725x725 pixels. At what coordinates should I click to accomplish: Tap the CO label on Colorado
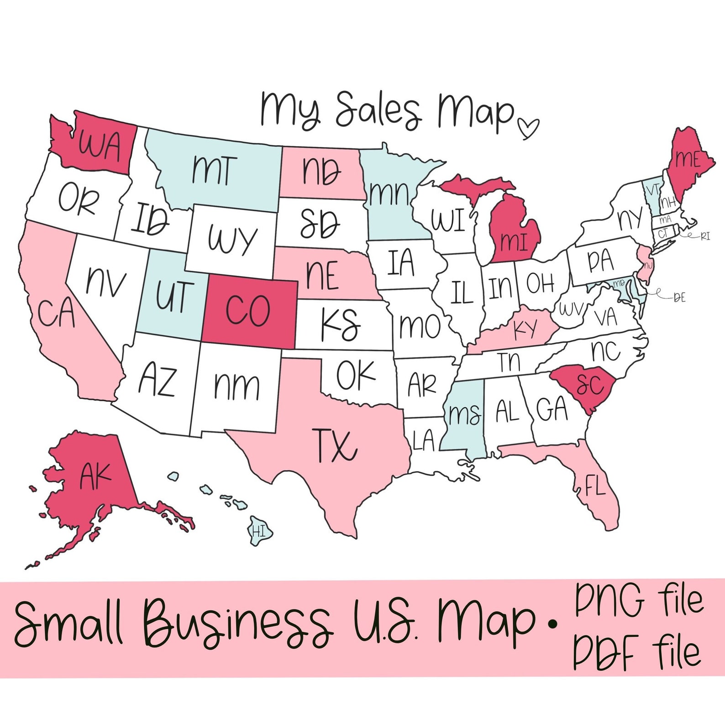click(248, 311)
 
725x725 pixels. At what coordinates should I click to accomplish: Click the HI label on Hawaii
click(259, 531)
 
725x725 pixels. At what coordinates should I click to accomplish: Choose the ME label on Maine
click(688, 159)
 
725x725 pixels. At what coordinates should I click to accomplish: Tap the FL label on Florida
click(595, 488)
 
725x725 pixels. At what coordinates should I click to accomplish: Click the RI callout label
click(705, 236)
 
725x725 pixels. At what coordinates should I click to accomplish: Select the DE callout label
click(680, 298)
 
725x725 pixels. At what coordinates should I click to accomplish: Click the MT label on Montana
click(214, 170)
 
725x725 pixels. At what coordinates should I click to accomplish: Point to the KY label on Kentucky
click(526, 329)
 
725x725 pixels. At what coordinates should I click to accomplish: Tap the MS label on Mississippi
click(464, 415)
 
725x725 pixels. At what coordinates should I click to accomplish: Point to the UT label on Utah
click(174, 296)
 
